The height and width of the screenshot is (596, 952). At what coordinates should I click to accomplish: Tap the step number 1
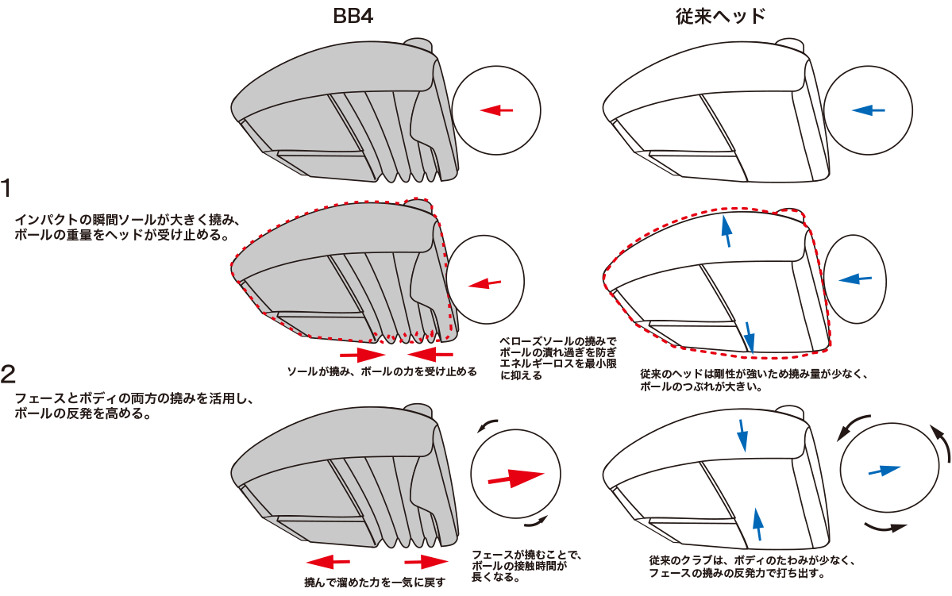tap(7, 188)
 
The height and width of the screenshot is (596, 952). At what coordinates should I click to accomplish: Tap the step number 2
tap(8, 372)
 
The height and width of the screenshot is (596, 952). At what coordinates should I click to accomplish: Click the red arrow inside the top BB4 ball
tap(497, 110)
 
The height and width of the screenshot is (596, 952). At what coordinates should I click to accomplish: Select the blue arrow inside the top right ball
tap(868, 110)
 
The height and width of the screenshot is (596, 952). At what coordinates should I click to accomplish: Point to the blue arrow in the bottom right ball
tap(884, 470)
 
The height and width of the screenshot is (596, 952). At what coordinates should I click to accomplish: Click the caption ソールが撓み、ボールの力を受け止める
tap(381, 371)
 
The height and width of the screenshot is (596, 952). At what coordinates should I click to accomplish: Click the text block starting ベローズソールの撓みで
tap(557, 358)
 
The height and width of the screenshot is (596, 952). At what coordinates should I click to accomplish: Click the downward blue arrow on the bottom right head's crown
tap(742, 436)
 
